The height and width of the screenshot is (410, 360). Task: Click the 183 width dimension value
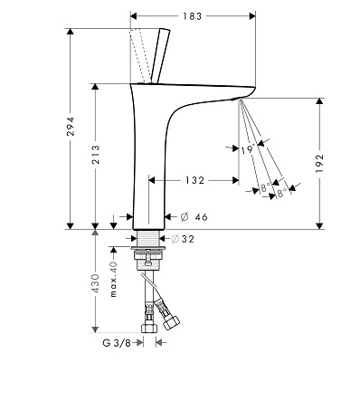pyautogui.click(x=192, y=16)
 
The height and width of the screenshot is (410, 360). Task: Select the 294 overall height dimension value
pyautogui.click(x=71, y=127)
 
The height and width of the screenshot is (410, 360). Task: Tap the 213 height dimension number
pyautogui.click(x=96, y=155)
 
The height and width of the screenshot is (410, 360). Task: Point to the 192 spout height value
pyautogui.click(x=319, y=163)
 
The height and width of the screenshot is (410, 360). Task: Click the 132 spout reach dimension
pyautogui.click(x=194, y=180)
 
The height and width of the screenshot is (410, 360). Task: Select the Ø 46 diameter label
pyautogui.click(x=194, y=217)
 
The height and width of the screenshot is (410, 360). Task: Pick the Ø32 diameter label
pyautogui.click(x=183, y=239)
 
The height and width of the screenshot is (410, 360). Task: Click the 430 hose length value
pyautogui.click(x=96, y=283)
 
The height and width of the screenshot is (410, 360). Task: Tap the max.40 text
pyautogui.click(x=113, y=280)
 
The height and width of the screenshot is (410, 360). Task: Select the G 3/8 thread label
pyautogui.click(x=117, y=343)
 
